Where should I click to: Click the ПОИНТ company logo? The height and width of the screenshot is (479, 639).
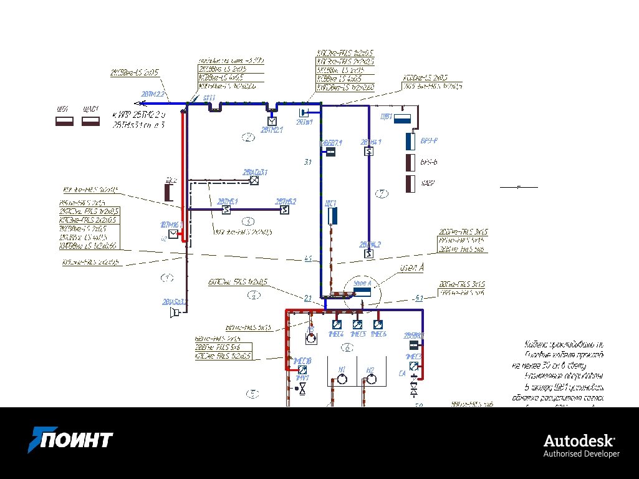tap(70, 440)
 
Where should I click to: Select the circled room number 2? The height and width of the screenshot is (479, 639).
tap(249, 138)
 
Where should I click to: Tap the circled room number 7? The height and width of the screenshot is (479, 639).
tap(382, 194)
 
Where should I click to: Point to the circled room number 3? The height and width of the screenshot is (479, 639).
tap(248, 221)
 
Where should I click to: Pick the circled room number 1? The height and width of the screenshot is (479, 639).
tap(166, 277)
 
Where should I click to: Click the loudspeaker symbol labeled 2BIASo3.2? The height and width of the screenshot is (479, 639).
tap(174, 312)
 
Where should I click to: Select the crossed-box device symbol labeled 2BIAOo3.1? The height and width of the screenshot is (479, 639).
tap(254, 181)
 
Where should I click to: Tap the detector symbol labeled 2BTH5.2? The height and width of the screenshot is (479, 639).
tap(284, 210)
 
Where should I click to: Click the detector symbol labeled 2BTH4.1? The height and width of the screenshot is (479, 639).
tap(369, 152)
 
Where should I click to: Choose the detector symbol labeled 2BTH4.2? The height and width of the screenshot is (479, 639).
tap(369, 254)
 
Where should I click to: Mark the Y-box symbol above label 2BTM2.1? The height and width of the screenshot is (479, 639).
tap(272, 120)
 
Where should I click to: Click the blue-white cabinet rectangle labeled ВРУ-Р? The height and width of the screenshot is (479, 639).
tap(411, 142)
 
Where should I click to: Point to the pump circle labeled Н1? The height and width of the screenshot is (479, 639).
tap(340, 380)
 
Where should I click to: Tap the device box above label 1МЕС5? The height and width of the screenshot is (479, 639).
tap(357, 324)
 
